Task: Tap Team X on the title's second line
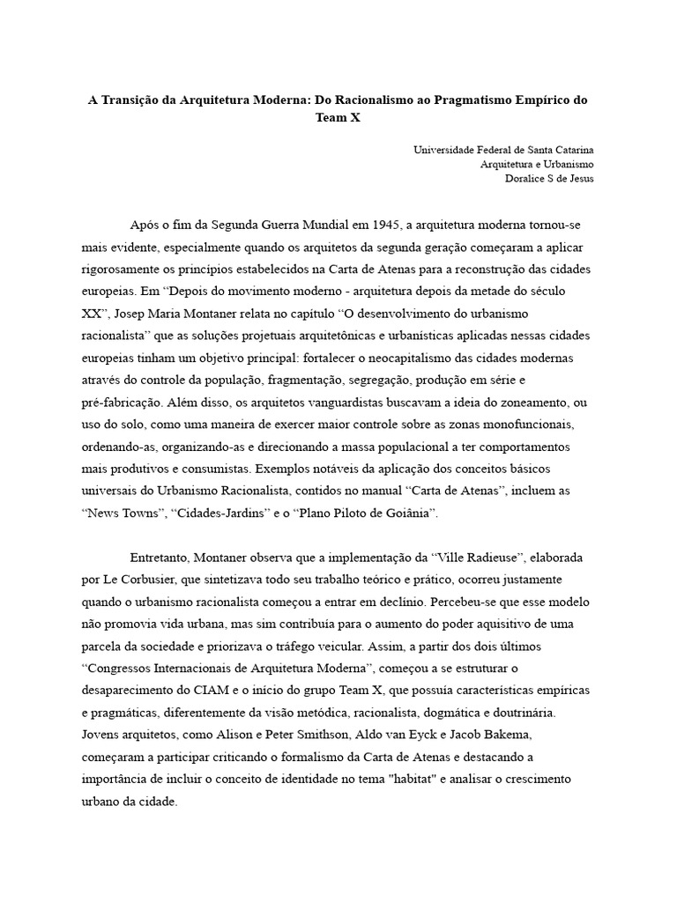(338, 117)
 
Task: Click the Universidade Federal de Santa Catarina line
(503, 150)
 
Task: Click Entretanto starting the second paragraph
(161, 558)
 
